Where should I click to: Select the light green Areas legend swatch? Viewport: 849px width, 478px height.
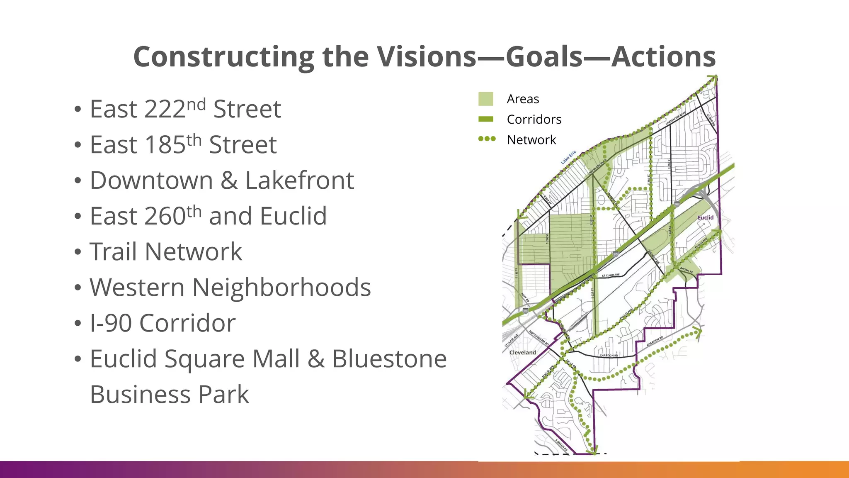[x=485, y=99]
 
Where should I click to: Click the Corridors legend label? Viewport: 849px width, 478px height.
[x=534, y=119]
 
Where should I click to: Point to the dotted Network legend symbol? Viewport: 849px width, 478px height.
[x=487, y=139]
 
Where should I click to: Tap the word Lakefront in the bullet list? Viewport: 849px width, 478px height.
[x=299, y=181]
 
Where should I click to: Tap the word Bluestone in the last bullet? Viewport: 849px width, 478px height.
[x=389, y=359]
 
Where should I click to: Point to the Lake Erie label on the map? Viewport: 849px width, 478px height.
[x=568, y=157]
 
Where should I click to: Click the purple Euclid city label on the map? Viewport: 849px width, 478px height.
[x=706, y=217]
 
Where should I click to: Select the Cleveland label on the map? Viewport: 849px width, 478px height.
[x=522, y=352]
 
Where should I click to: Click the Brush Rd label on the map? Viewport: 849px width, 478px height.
[x=686, y=270]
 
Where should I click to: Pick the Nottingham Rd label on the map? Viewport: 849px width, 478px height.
[x=539, y=338]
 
